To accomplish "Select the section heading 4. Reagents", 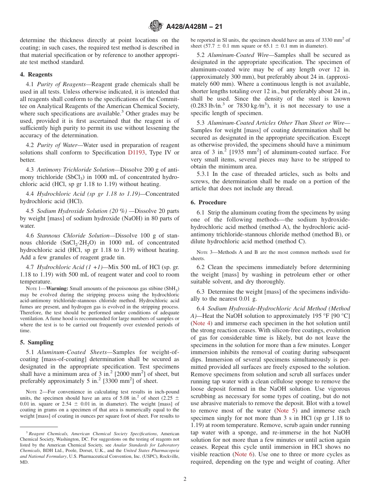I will coord(36,74).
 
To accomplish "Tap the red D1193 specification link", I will coord(136,152).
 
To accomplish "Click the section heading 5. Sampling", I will coord(37,342).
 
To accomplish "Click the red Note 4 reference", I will coord(201,323).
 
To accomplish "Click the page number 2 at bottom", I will coord(185,479).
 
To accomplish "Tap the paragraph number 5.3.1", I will coord(204,174).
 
